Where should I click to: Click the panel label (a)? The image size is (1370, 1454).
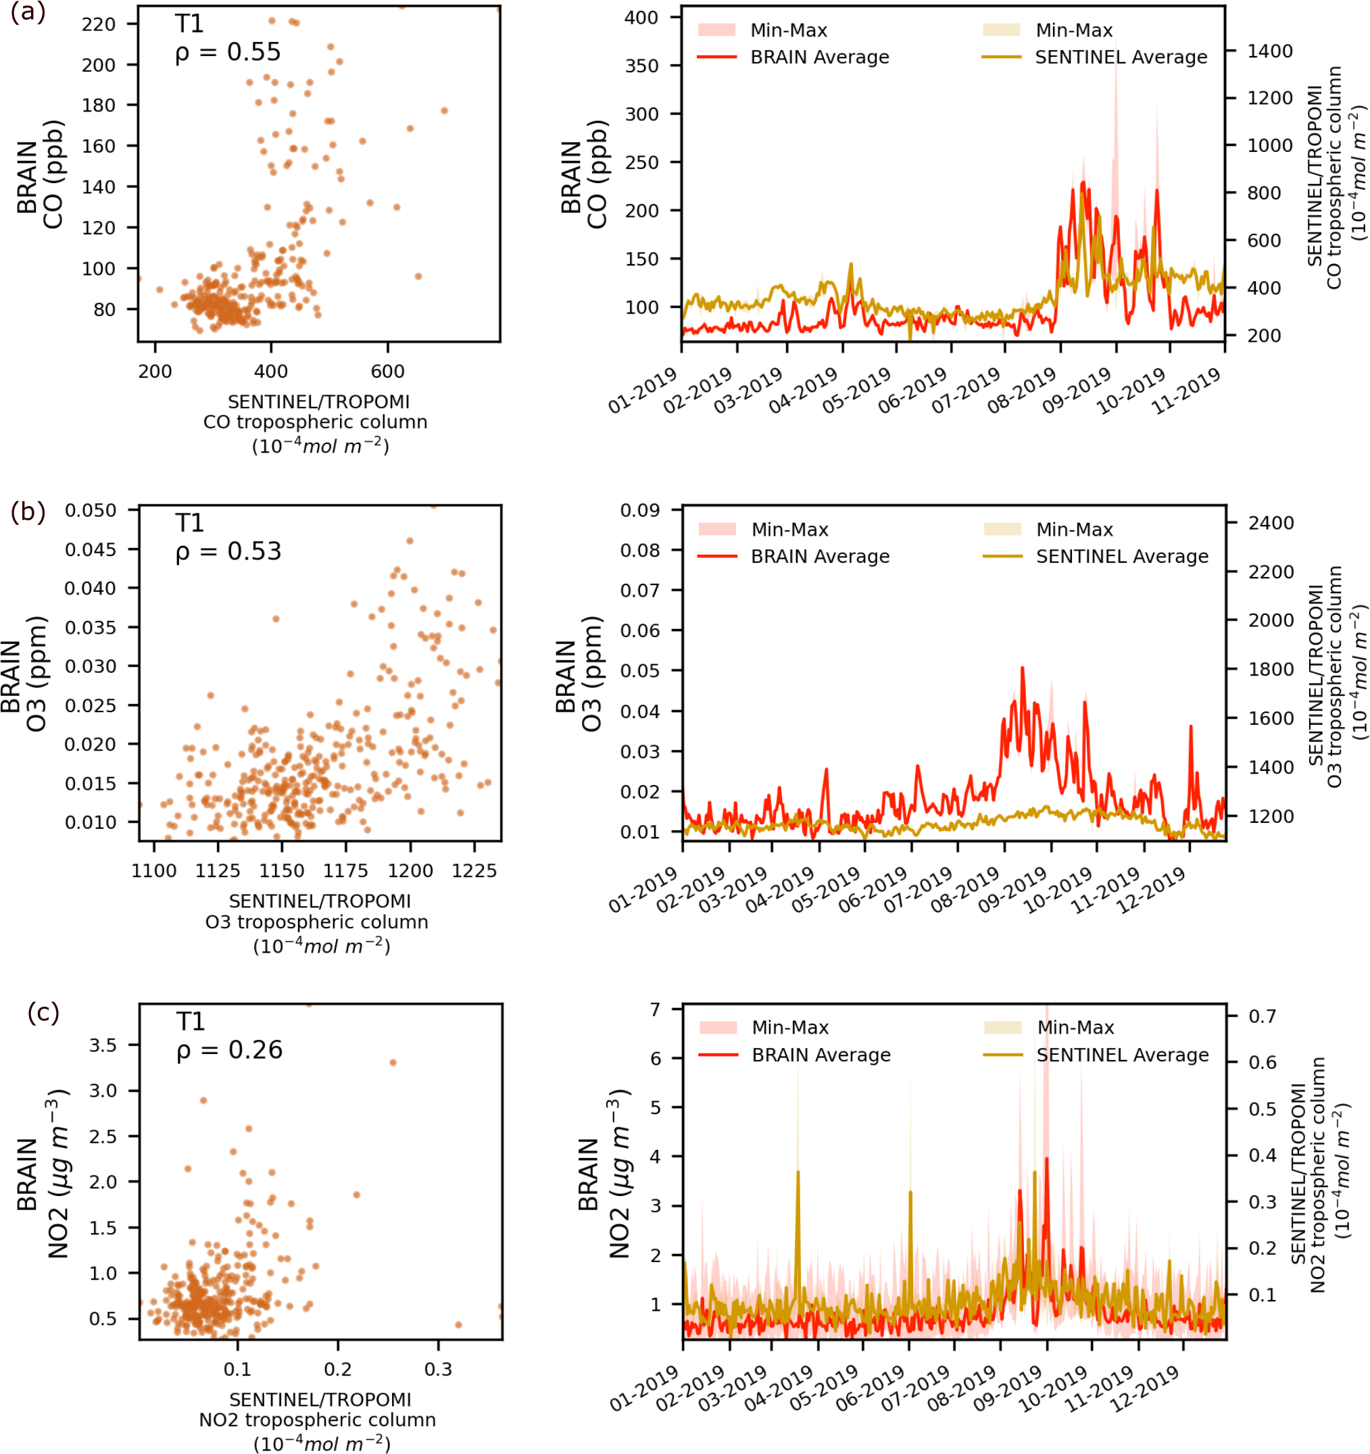[28, 12]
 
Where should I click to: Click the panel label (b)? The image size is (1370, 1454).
[28, 511]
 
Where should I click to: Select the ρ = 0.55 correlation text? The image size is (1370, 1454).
[228, 52]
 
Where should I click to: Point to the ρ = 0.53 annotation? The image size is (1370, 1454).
[228, 551]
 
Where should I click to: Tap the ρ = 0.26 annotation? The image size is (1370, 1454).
[230, 1049]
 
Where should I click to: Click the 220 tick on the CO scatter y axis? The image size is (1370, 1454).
[99, 24]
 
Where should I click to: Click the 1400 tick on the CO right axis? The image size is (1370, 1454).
[1270, 51]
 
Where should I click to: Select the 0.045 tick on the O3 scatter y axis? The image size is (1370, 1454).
[90, 549]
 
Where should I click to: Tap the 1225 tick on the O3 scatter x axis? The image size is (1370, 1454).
[474, 870]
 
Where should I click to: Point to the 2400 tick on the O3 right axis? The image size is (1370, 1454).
[1271, 523]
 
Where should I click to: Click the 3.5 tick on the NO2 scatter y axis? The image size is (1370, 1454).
[103, 1045]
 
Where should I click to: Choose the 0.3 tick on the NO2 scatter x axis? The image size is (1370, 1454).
[437, 1369]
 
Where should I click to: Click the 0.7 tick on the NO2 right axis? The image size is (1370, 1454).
[1262, 1016]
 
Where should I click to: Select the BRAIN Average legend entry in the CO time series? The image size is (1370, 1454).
[819, 57]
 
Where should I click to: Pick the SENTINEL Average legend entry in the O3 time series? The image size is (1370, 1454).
[1122, 557]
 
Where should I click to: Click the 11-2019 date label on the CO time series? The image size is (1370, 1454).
[1187, 391]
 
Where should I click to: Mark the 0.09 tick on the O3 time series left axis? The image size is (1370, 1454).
[640, 509]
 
